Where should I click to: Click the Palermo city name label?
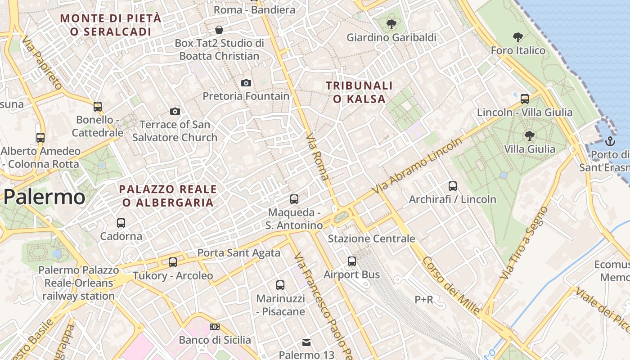[44, 197]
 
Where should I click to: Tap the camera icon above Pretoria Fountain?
[246, 83]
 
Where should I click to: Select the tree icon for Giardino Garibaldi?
[391, 24]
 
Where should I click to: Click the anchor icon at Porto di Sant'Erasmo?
[610, 141]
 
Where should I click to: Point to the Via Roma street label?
[317, 156]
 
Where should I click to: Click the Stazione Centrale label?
[371, 238]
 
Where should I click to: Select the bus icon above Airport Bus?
[352, 261]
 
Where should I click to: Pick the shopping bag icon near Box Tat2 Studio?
[219, 30]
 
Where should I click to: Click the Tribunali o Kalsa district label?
[359, 92]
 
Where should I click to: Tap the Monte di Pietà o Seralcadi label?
[111, 25]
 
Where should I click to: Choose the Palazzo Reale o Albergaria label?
[168, 196]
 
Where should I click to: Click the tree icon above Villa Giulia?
[530, 135]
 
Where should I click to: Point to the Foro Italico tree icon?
[518, 37]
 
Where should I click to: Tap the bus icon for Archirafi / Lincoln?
[453, 186]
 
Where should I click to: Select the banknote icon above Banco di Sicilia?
[215, 327]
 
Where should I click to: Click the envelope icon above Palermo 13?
[306, 342]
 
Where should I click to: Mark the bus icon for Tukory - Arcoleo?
[173, 262]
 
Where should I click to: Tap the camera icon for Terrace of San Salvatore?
[175, 111]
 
